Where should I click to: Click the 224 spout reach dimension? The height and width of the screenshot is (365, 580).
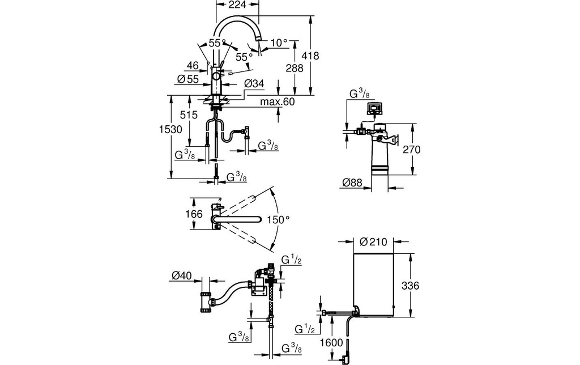237,5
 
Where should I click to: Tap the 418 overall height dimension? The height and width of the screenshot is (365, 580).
310,56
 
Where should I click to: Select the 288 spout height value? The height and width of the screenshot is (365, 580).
295,68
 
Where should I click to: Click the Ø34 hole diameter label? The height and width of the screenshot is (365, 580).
254,84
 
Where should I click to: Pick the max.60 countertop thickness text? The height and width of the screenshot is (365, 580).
278,101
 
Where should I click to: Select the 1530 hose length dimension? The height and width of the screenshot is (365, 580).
170,130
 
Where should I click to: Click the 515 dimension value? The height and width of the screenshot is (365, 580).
189,114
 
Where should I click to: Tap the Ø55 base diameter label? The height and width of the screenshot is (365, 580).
188,79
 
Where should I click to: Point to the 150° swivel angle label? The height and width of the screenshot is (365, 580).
278,220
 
